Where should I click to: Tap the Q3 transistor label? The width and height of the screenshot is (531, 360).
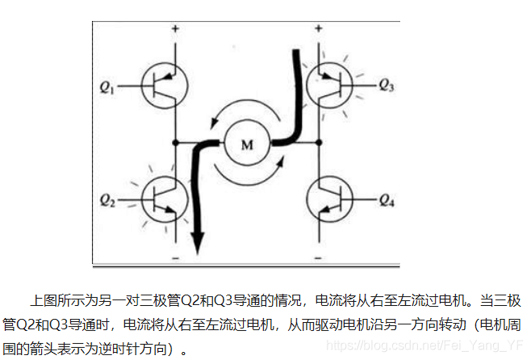click(x=386, y=86)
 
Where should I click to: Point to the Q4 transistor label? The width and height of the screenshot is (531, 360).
click(x=386, y=201)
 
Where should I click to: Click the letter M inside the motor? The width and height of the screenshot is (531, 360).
click(x=247, y=145)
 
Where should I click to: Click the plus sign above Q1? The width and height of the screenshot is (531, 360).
click(x=176, y=29)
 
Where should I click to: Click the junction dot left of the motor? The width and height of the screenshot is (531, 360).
click(x=176, y=142)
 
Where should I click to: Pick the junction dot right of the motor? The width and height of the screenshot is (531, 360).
click(x=319, y=142)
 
